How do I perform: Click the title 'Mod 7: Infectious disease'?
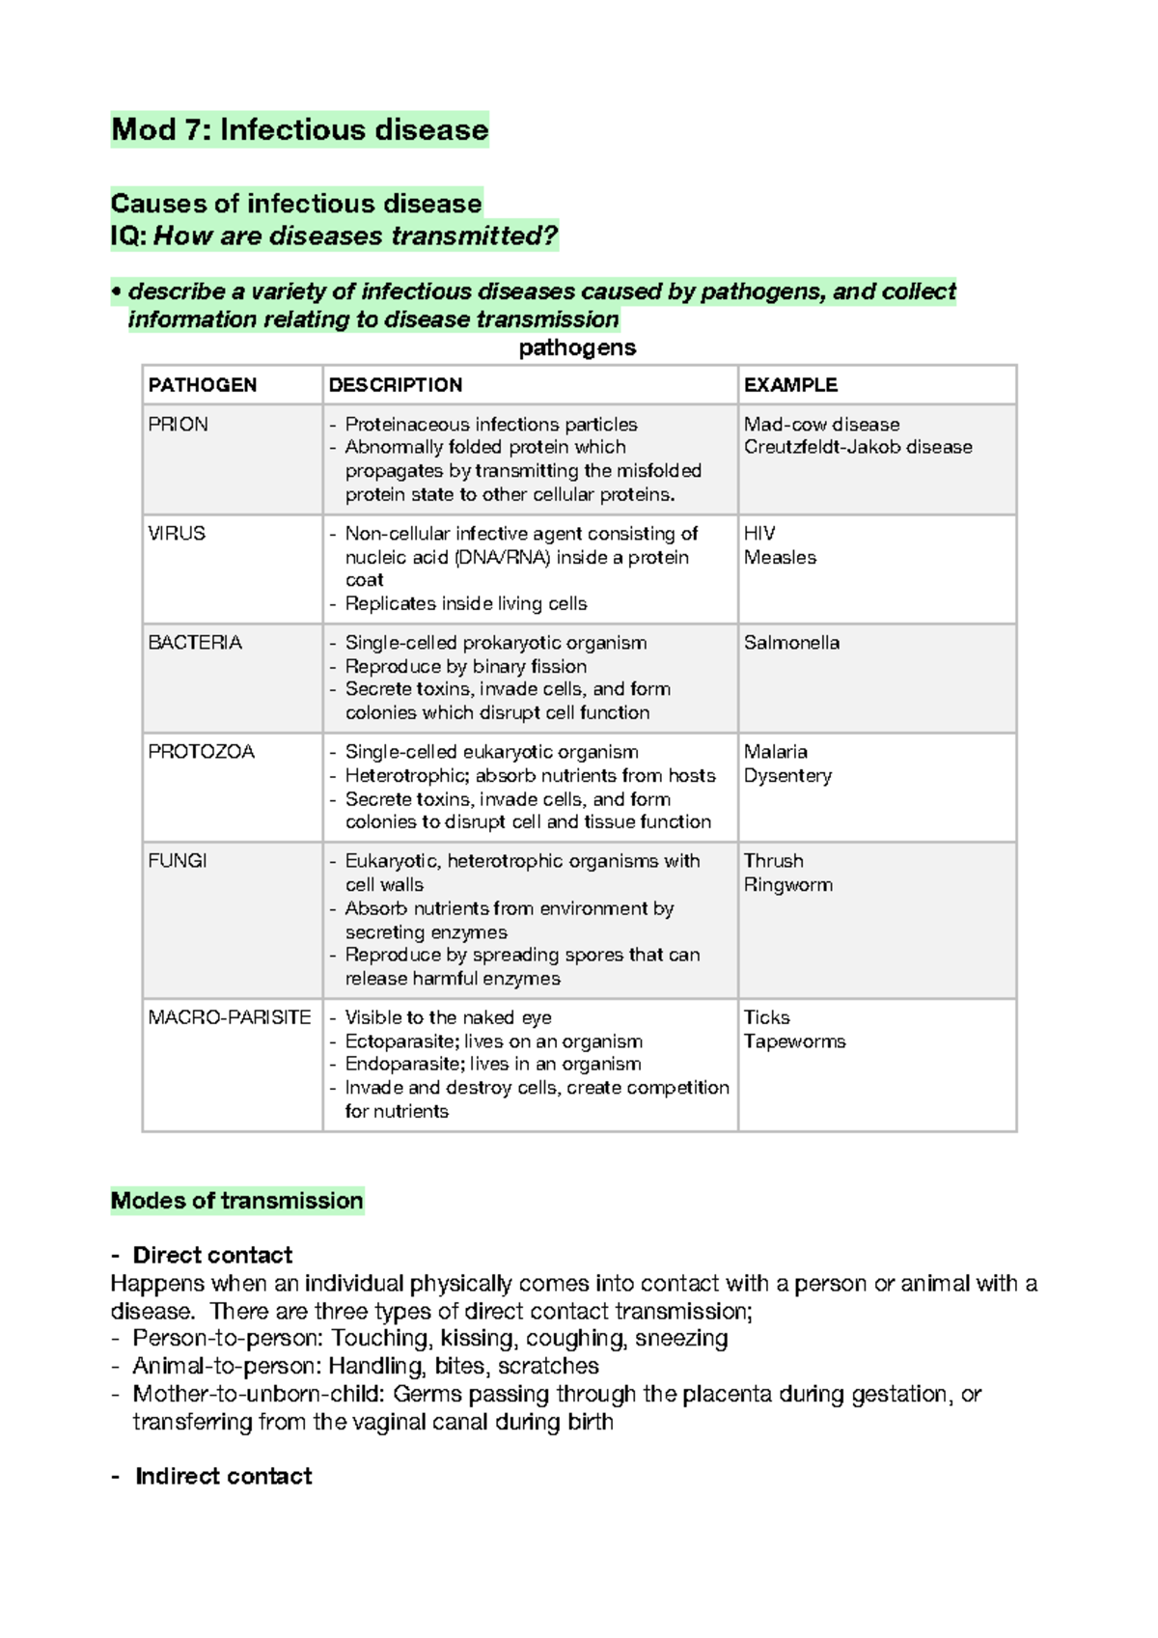point(300,129)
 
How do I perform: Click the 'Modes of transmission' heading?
point(236,1200)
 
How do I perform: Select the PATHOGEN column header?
point(203,384)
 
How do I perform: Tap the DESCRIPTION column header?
point(395,384)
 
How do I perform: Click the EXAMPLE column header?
point(790,384)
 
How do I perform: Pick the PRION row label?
point(178,424)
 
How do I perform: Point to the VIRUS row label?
point(177,533)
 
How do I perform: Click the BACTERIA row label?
point(195,642)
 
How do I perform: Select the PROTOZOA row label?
point(201,751)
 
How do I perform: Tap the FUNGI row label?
point(178,860)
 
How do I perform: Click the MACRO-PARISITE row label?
point(230,1016)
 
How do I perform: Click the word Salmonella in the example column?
point(791,642)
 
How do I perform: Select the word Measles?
point(780,557)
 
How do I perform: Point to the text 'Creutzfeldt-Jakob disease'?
point(858,447)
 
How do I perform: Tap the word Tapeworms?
point(794,1041)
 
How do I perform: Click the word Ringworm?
point(787,884)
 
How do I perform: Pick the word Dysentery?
point(787,775)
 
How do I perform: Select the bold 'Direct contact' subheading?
point(212,1255)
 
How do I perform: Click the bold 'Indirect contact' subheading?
point(223,1476)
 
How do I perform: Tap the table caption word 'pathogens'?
point(577,347)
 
